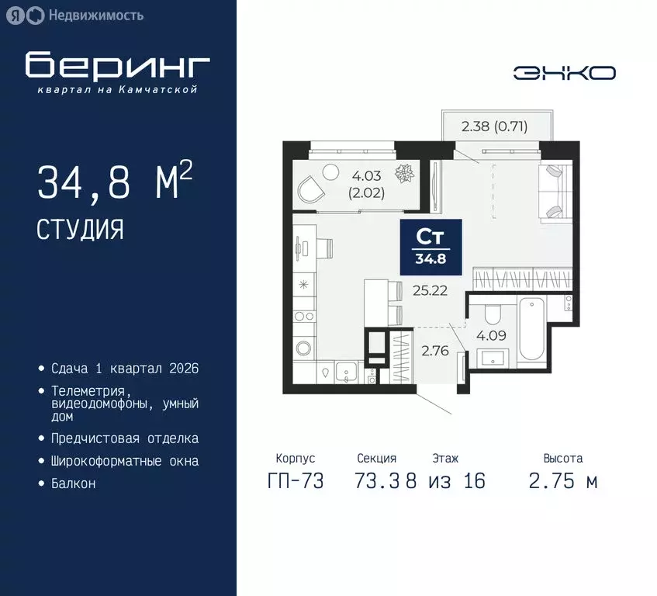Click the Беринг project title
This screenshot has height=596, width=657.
coord(117,66)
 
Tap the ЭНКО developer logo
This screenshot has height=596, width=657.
coord(564,73)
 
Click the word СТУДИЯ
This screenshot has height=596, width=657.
coord(80,229)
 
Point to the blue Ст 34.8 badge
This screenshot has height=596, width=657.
coord(431,246)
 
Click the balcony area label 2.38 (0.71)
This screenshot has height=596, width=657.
coord(494,126)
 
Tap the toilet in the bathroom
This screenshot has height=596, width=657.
coord(491,314)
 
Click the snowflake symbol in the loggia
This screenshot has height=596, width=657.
coord(406,175)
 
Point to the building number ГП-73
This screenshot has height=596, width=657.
coord(296,481)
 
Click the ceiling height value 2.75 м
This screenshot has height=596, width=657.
coord(562,481)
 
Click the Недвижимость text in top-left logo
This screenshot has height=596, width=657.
coord(95,15)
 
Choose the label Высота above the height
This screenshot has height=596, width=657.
coord(562,459)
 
